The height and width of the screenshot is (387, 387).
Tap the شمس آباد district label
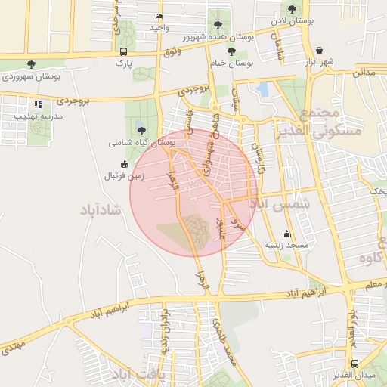click(x=280, y=205)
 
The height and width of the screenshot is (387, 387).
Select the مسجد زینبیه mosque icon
click(x=286, y=234)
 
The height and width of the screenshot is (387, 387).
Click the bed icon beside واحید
click(x=158, y=17)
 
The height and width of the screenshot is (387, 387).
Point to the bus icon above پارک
click(x=122, y=51)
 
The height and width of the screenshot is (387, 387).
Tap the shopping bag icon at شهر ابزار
click(x=319, y=50)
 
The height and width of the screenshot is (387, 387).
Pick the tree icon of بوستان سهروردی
click(x=30, y=64)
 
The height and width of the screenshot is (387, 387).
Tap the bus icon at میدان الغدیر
click(x=355, y=363)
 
